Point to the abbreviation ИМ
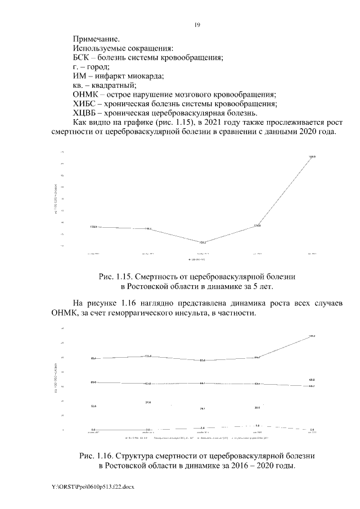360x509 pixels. [x=80, y=75]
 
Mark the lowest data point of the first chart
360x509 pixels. [x=203, y=242]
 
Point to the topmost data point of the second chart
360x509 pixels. [x=312, y=336]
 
